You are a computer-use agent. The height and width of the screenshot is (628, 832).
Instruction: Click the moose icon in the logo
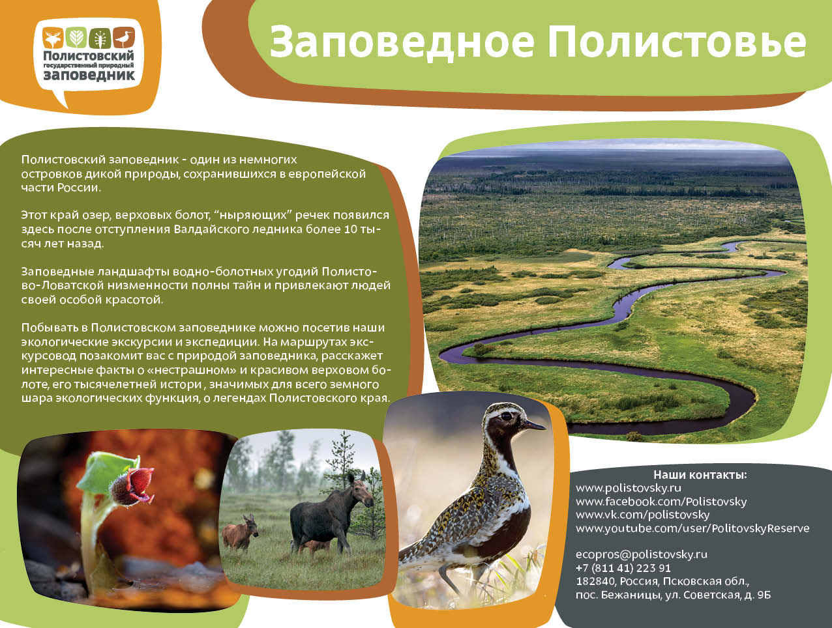pyautogui.click(x=53, y=38)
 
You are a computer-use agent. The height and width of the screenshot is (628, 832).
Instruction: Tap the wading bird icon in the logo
pyautogui.click(x=124, y=38)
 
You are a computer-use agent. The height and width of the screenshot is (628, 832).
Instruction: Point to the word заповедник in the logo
pyautogui.click(x=89, y=75)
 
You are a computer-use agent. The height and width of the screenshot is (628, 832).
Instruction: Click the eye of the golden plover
pyautogui.click(x=506, y=416)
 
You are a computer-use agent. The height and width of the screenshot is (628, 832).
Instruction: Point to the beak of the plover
pyautogui.click(x=535, y=425)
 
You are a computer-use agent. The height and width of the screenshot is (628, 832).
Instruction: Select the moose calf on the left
pyautogui.click(x=239, y=532)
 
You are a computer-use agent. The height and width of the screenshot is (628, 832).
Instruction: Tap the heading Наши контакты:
pyautogui.click(x=700, y=475)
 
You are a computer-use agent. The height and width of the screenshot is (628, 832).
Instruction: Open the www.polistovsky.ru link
pyautogui.click(x=628, y=489)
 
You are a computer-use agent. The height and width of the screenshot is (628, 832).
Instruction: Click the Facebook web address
pyautogui.click(x=661, y=502)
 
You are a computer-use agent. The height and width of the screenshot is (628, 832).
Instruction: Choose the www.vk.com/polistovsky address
pyautogui.click(x=642, y=515)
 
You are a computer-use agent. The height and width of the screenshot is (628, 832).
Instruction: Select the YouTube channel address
pyautogui.click(x=692, y=528)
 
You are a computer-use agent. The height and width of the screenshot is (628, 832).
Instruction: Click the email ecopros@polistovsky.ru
pyautogui.click(x=642, y=554)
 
